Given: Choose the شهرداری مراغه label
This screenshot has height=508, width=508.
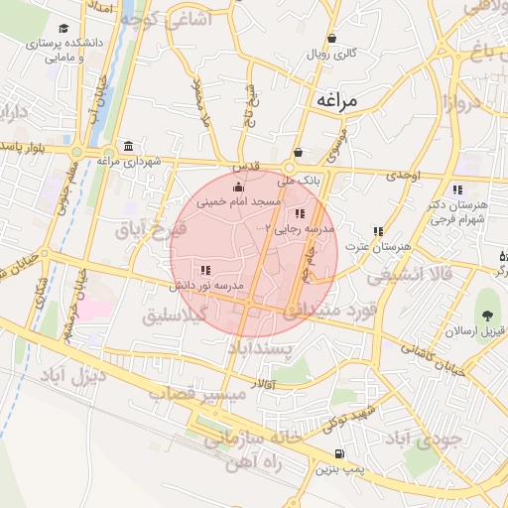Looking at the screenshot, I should (122, 160).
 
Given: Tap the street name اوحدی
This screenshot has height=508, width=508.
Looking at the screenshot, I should (404, 175).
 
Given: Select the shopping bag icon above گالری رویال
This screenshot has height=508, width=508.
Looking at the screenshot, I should (331, 40).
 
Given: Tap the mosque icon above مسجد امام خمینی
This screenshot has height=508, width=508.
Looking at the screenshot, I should (236, 188).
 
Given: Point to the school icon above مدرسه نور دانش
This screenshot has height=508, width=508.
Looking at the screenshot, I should (205, 270).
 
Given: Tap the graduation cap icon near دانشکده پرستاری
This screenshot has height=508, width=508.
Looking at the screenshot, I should (64, 29).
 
